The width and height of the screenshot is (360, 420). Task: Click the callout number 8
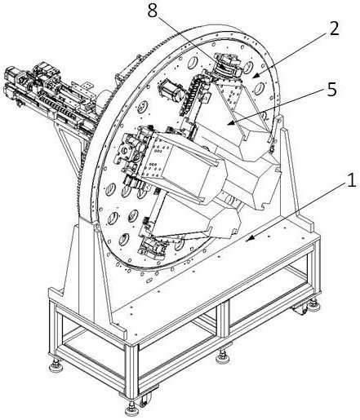tap(153, 11)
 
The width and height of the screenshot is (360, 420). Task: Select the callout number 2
tap(334, 29)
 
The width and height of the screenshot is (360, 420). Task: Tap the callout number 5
tap(332, 89)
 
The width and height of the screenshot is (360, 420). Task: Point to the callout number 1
tap(352, 179)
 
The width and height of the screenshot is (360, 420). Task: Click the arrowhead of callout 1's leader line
tap(249, 238)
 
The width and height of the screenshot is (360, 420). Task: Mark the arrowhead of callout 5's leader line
tap(231, 122)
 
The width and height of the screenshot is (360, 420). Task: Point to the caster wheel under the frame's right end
tap(300, 309)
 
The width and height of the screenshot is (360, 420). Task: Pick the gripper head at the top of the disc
tap(228, 65)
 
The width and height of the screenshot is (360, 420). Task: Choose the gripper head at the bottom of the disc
tap(153, 248)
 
